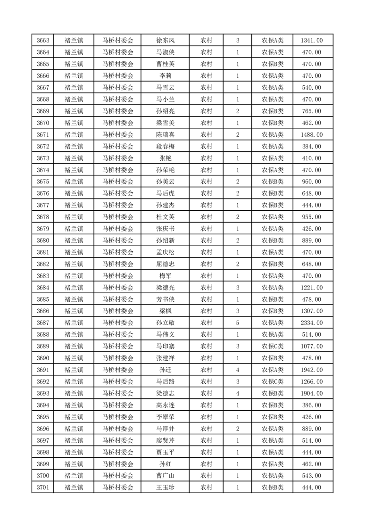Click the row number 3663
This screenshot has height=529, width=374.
click(x=43, y=41)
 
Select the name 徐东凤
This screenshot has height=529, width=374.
click(x=165, y=41)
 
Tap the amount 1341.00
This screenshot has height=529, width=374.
click(x=311, y=41)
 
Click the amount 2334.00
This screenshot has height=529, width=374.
click(x=311, y=323)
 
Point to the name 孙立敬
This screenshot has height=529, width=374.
click(x=165, y=323)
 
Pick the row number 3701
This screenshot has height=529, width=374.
click(x=43, y=488)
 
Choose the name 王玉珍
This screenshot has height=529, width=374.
click(x=165, y=488)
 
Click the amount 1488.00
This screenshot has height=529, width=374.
click(x=311, y=135)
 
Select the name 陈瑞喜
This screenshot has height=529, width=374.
click(x=165, y=135)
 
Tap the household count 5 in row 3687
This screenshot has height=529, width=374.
click(x=237, y=323)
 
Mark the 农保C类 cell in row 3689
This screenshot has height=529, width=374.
click(x=273, y=347)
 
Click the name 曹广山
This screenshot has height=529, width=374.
click(x=165, y=476)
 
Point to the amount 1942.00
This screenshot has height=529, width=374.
click(x=311, y=370)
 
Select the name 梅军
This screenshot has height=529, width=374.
click(x=165, y=276)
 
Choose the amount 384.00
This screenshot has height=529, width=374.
click(x=311, y=147)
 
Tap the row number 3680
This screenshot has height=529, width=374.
click(x=43, y=240)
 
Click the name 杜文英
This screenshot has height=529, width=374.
click(x=165, y=217)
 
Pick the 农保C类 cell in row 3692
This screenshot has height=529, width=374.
click(x=273, y=382)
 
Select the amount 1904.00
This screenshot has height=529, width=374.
click(x=311, y=394)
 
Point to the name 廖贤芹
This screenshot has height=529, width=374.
click(x=165, y=440)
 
